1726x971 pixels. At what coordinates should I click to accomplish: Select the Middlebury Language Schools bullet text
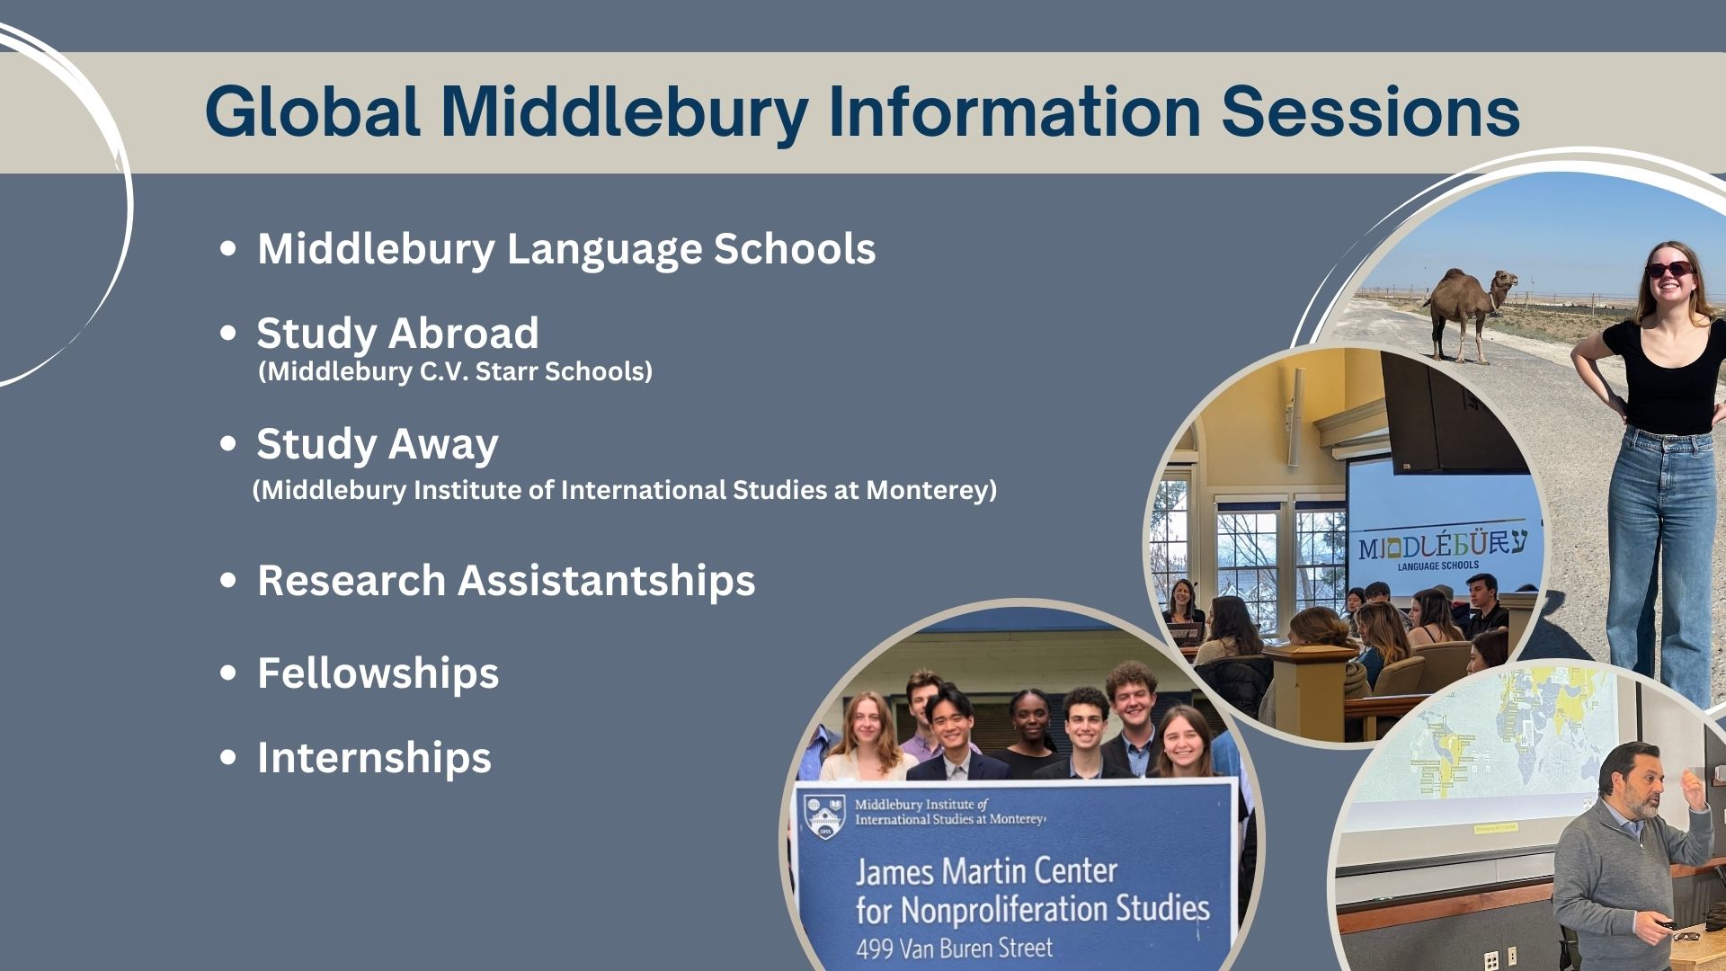click(566, 249)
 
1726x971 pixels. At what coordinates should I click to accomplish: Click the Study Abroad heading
click(397, 334)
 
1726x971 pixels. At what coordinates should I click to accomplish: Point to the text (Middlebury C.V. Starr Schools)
click(455, 371)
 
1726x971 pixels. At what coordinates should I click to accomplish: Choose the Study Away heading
click(378, 444)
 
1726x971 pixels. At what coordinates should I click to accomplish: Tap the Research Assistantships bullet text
click(506, 581)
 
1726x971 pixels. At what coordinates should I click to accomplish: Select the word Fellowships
click(378, 673)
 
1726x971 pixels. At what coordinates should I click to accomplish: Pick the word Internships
click(374, 758)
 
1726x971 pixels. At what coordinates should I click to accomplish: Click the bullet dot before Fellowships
click(228, 673)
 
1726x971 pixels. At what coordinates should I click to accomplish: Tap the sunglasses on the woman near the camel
click(1669, 269)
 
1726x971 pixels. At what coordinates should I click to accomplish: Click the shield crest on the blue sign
click(824, 815)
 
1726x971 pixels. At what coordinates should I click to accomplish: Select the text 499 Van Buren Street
click(954, 948)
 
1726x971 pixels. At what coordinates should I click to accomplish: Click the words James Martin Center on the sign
click(985, 871)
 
